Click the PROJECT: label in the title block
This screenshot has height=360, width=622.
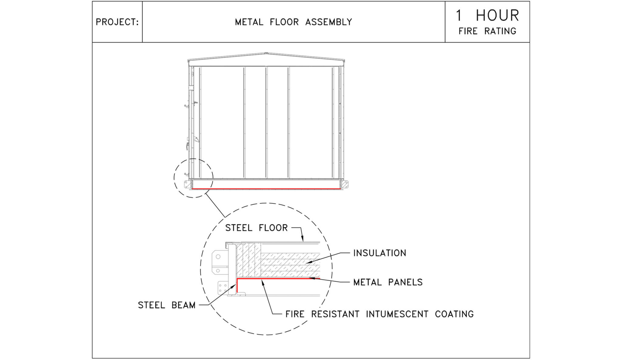point(117,22)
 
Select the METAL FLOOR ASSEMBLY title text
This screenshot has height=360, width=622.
point(293,22)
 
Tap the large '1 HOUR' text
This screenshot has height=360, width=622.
point(487,15)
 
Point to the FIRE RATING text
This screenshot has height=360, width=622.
point(487,31)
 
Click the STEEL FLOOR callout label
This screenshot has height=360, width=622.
point(256,228)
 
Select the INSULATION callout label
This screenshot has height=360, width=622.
point(380,253)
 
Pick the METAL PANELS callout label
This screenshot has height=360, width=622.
point(388,282)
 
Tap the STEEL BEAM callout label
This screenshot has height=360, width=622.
point(167,305)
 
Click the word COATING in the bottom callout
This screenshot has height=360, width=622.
point(454,314)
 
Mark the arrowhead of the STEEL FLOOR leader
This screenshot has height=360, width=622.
point(302,240)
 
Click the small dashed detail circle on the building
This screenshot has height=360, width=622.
point(193,178)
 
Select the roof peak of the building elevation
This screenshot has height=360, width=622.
point(266,53)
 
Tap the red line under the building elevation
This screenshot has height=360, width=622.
point(266,189)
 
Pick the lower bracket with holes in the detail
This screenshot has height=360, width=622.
point(223,288)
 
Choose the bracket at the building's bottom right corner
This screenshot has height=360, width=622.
point(345,184)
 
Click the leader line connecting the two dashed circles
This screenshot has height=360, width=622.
point(215,205)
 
